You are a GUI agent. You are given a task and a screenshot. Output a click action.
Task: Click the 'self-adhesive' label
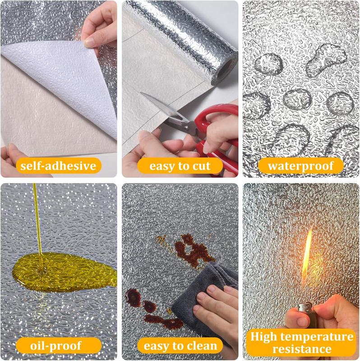[59, 166]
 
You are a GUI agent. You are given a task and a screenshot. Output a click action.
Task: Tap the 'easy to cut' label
[180, 166]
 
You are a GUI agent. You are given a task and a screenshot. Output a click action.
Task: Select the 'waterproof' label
[300, 166]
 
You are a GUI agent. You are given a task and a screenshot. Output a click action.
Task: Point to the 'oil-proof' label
[59, 345]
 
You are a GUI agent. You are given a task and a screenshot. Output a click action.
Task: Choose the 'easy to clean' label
[180, 345]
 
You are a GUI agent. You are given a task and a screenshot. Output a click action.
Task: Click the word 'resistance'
[302, 349]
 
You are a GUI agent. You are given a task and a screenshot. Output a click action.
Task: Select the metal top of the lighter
[305, 307]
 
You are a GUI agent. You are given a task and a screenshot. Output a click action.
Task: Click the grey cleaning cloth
[203, 304]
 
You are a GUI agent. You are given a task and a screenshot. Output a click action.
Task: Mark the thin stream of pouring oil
[37, 219]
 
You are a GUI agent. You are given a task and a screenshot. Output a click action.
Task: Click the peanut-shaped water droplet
[327, 60]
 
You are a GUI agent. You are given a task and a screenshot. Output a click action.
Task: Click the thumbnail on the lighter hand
[302, 322]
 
